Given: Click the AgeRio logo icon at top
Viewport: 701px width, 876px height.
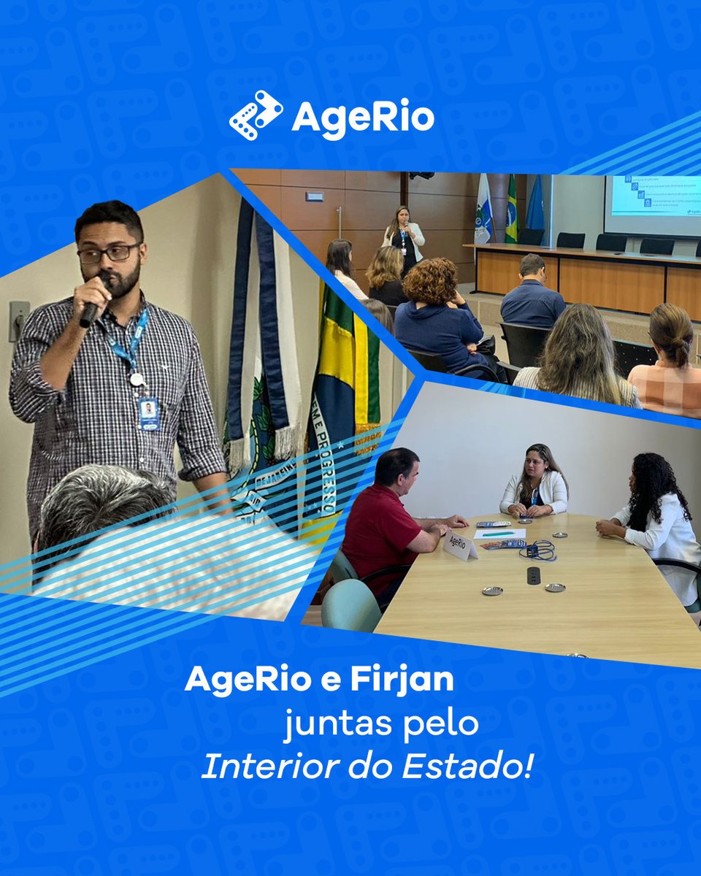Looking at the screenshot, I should (x=256, y=115).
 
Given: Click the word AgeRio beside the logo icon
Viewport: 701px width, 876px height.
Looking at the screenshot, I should (x=363, y=118).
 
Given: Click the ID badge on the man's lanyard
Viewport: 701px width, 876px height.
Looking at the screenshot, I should (x=148, y=412).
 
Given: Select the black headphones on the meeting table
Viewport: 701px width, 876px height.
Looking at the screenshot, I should (x=539, y=549).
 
